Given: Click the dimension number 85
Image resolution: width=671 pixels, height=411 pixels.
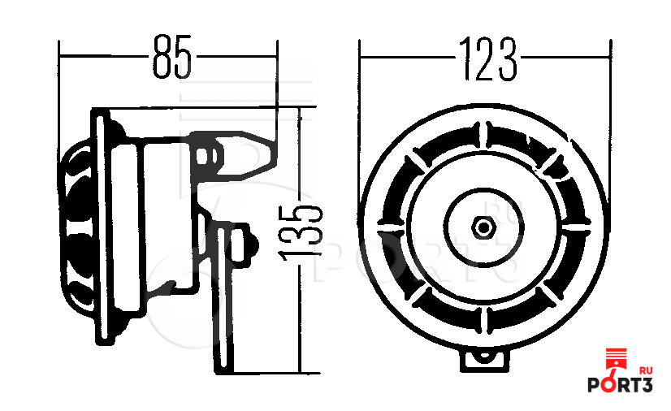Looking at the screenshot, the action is [x=172, y=57].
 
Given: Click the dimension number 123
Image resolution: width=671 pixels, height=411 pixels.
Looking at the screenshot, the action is [x=488, y=59].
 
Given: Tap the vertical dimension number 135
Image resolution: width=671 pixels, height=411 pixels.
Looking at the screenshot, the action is [x=300, y=233].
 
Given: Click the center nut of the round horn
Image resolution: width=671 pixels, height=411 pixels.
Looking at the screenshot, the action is [x=483, y=227].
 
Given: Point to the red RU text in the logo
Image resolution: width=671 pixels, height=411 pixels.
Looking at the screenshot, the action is [x=645, y=370].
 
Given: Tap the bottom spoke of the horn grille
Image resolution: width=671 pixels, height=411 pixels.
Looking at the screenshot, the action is [x=484, y=320].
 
